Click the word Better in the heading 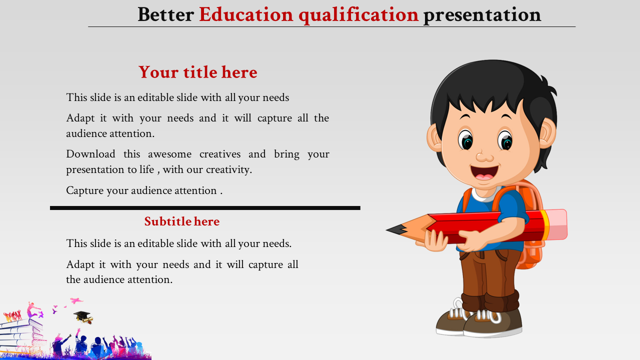[165, 14]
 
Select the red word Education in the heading [246, 14]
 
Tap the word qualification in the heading [358, 15]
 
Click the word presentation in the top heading [482, 16]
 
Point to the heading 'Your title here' [197, 72]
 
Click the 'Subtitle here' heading [182, 221]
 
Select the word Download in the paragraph [90, 154]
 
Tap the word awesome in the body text [169, 154]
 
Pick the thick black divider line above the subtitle [205, 208]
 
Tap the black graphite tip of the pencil [396, 230]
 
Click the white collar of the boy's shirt [485, 194]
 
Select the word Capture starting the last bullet [85, 191]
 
